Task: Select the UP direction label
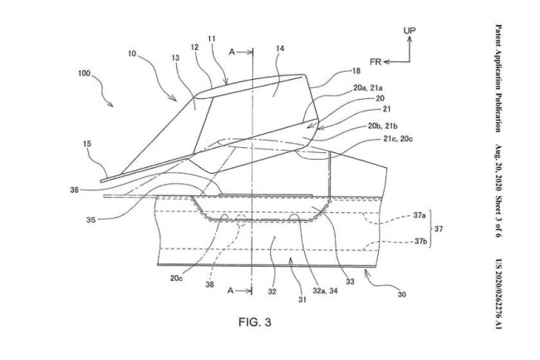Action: pyautogui.click(x=410, y=30)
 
